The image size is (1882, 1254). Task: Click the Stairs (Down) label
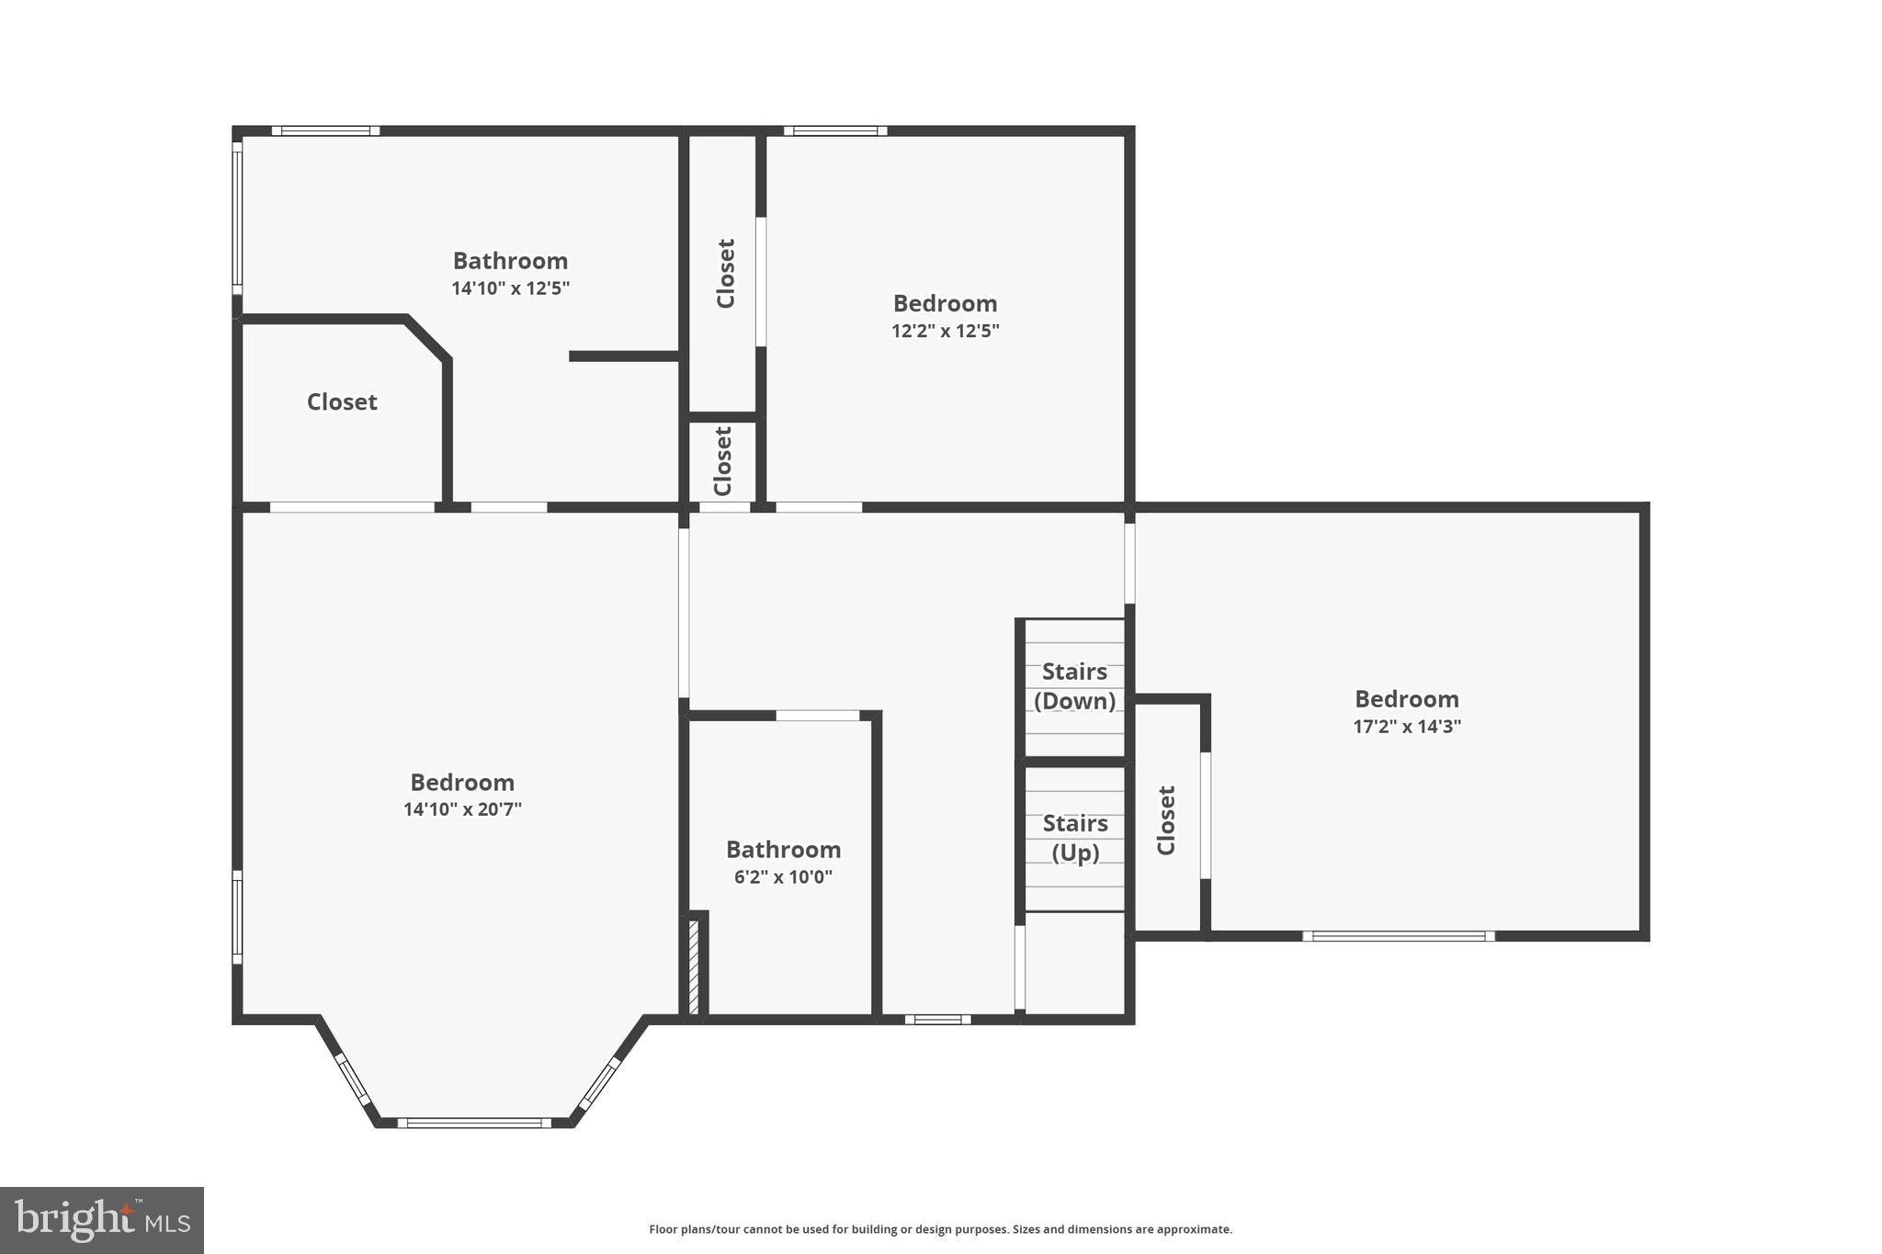pos(1074,686)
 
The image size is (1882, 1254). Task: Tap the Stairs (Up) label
pos(1074,838)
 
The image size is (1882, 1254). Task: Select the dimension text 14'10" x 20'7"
pos(462,809)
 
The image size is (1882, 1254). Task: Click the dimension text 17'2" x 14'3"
pos(1406,727)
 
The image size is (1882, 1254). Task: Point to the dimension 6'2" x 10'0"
pos(783,876)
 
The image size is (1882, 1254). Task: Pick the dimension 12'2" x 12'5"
pos(945,331)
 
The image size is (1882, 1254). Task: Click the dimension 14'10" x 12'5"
pos(510,288)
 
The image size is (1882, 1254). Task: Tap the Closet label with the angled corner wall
pos(342,402)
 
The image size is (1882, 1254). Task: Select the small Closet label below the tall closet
pos(723,461)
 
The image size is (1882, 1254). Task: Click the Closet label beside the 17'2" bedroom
pos(1166,820)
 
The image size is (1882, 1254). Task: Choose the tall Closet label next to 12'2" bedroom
pos(725,274)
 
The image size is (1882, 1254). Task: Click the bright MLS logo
pos(102,1220)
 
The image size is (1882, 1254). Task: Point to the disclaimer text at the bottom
pos(940,1229)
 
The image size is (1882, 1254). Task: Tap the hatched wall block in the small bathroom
pos(694,966)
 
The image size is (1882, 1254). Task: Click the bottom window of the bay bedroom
pos(474,1123)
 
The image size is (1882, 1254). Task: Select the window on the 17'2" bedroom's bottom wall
pos(1398,936)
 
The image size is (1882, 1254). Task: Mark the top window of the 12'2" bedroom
pos(835,131)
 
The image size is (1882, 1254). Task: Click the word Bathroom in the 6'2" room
pos(783,850)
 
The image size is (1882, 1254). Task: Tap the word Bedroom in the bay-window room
pos(462,783)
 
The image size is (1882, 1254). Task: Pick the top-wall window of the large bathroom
pos(325,131)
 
